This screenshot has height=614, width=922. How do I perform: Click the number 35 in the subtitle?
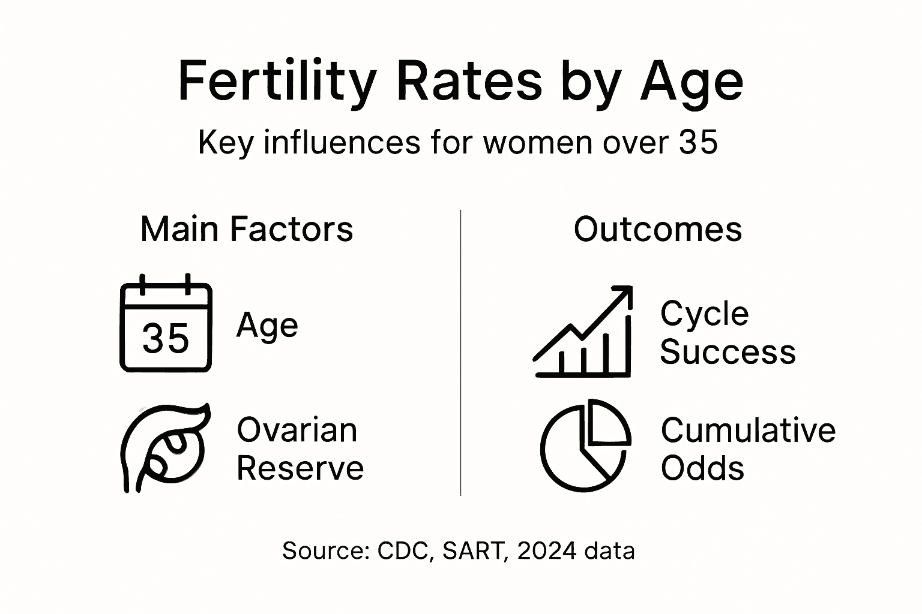point(698,143)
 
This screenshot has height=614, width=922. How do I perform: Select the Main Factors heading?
point(247,229)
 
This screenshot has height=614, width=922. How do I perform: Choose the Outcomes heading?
point(658,229)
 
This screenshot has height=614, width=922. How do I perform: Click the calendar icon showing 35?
point(166,324)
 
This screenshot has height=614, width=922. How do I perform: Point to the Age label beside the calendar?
point(267,326)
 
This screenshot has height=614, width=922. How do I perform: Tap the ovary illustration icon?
point(165,447)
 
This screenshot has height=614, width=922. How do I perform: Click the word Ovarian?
point(297,430)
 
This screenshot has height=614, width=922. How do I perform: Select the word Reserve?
point(300,468)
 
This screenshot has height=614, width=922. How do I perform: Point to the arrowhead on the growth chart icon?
point(623,294)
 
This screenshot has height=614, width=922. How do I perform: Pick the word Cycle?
point(704,314)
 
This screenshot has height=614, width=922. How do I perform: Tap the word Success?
point(728,351)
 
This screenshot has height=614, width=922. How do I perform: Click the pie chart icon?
point(585,446)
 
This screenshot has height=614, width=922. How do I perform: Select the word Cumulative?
point(748,430)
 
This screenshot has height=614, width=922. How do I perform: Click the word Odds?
point(702,468)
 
